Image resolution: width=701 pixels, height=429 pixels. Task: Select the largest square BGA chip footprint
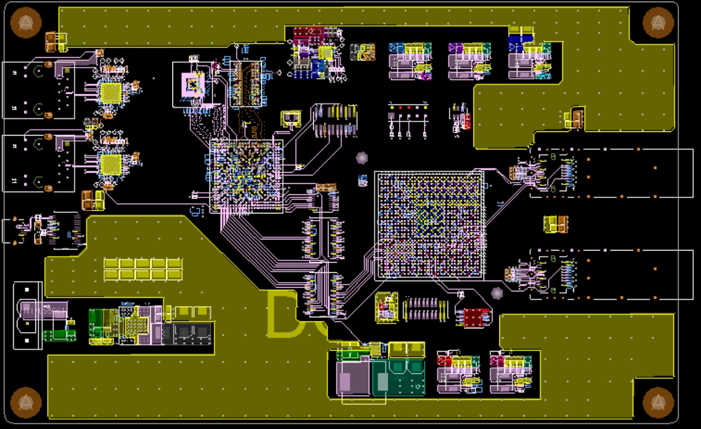point(429,225)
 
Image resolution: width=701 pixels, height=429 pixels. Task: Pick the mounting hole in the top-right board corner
point(658,23)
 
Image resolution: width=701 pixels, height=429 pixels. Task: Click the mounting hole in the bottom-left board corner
point(25,402)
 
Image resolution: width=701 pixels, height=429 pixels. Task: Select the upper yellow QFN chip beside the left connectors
point(111,93)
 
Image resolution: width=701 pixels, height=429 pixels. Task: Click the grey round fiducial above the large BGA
point(362,158)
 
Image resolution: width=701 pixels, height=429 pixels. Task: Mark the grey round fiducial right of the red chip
point(497,293)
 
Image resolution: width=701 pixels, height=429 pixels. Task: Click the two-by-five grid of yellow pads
point(142,269)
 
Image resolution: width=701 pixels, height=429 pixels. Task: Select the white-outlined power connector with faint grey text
point(28,316)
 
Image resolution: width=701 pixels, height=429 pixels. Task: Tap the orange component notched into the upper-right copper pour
point(575,118)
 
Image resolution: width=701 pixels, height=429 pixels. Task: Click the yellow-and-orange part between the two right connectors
point(556,224)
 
